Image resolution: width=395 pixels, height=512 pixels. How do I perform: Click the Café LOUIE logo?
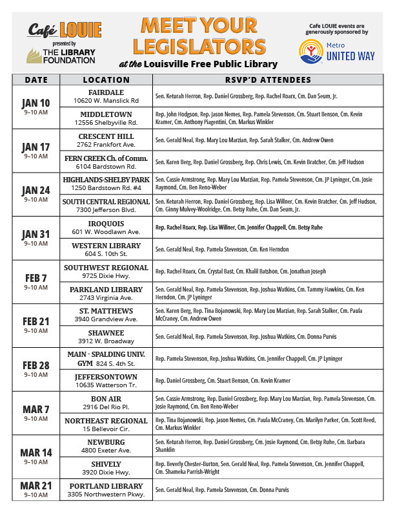(65, 29)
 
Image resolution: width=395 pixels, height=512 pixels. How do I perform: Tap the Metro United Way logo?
(336, 52)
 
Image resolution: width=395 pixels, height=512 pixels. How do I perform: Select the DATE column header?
(35, 80)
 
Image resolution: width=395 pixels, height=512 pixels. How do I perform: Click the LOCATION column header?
(106, 80)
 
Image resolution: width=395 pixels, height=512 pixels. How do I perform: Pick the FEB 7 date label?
(35, 278)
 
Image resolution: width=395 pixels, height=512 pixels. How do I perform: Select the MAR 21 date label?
(35, 485)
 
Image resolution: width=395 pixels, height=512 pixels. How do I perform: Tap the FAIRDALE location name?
(106, 92)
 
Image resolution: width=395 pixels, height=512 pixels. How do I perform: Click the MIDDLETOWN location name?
(106, 114)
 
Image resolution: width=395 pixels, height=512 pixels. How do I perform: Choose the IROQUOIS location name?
(106, 224)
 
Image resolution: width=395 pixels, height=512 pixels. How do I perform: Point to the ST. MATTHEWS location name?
(106, 312)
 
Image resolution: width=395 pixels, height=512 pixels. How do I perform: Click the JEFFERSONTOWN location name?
(106, 377)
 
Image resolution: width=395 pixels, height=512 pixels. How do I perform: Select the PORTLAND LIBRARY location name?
(106, 486)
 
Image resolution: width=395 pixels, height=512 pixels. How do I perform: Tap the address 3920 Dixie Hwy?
(106, 473)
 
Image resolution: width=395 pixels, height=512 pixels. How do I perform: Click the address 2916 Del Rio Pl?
(106, 408)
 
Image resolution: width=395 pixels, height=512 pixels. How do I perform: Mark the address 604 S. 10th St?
(106, 255)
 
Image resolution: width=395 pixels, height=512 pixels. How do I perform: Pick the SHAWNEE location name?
(106, 334)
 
